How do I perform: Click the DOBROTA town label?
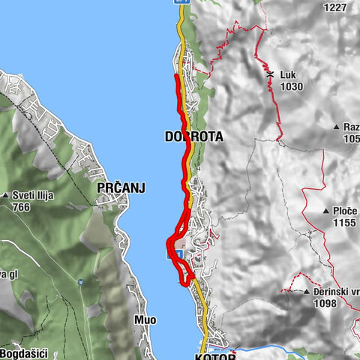coord(193,136)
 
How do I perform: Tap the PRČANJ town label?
coord(120,189)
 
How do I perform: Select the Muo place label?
coord(145,320)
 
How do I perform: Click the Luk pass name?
coord(288,76)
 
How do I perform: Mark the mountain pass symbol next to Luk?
coord(269,76)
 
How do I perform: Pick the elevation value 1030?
coord(291,87)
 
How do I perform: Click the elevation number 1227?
coord(336,7)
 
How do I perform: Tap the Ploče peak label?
coord(345,211)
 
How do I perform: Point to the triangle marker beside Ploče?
coord(327,211)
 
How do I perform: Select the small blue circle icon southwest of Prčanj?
coord(81,282)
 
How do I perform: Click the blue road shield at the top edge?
coord(180,2)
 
